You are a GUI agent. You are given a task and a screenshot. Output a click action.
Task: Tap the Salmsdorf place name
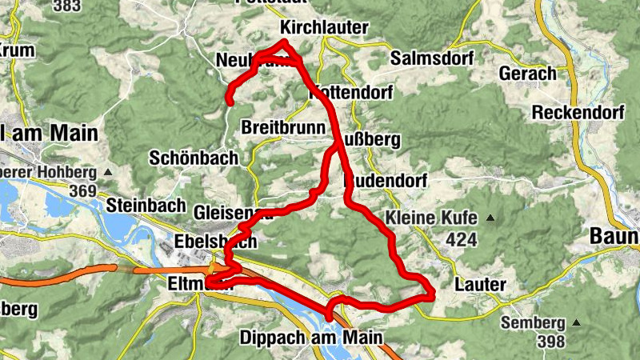pos(432,58)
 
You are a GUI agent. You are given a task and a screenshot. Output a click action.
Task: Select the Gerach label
pos(527,74)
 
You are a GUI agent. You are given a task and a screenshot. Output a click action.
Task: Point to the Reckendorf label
pos(578,112)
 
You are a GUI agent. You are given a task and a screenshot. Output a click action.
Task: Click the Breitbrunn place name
pos(282,128)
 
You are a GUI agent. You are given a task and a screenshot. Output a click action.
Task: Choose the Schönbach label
pos(194,158)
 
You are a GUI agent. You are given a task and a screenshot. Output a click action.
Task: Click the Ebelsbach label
pos(216,242)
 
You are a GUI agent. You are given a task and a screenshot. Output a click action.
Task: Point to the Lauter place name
pos(479,284)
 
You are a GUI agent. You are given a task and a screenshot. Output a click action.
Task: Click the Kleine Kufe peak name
pos(431,218)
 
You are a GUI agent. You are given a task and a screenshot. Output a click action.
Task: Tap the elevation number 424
pos(462,238)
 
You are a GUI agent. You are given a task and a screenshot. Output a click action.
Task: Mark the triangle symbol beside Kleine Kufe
pos(490,218)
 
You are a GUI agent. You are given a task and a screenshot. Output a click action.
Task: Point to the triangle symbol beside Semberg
pos(575,323)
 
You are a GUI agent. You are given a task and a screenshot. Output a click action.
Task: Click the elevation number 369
pos(82,192)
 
